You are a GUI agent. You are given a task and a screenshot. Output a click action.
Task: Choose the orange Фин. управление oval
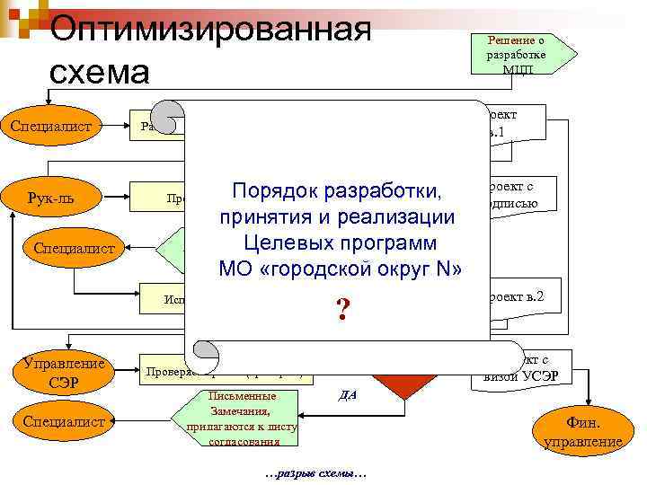click(581, 430)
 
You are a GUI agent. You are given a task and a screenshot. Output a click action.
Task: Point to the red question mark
click(342, 311)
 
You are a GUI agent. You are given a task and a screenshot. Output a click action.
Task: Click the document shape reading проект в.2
click(521, 301)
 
